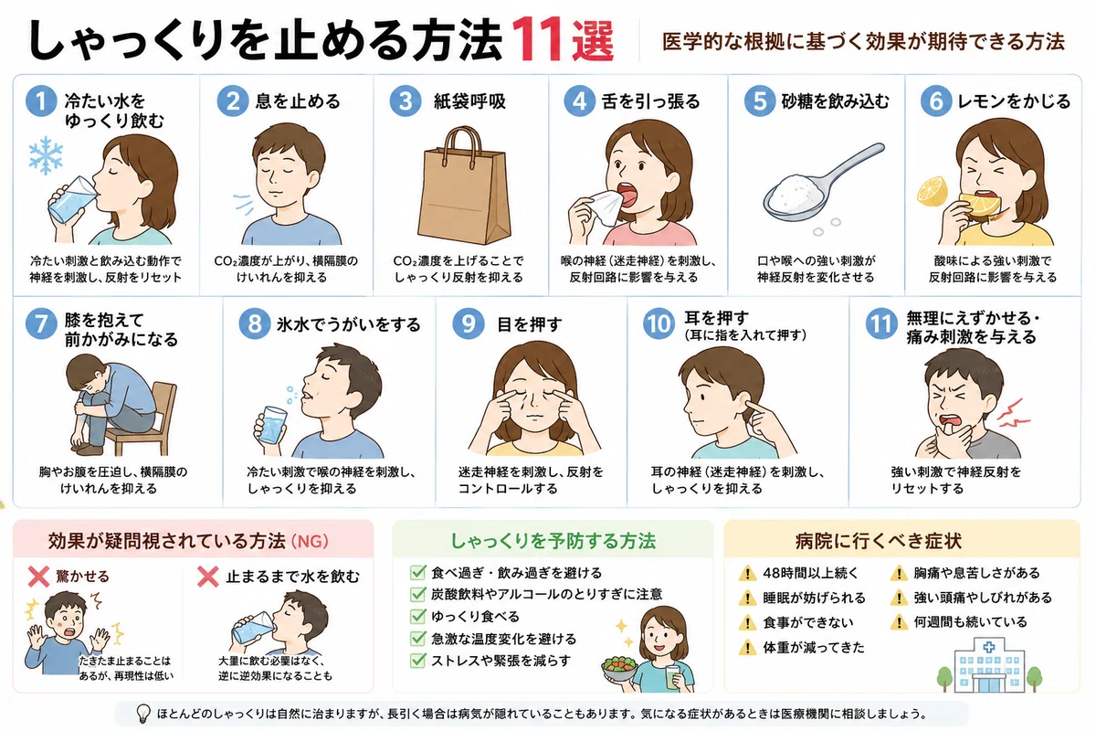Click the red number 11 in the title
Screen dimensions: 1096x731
pyautogui.click(x=540, y=39)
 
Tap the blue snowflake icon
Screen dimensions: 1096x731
pyautogui.click(x=46, y=155)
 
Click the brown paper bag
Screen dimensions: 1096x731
pyautogui.click(x=464, y=186)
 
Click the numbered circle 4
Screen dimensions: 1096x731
pyautogui.click(x=579, y=101)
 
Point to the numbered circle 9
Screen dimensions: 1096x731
pyautogui.click(x=469, y=323)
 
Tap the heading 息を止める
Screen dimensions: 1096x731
pyautogui.click(x=298, y=101)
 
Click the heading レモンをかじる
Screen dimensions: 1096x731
pyautogui.click(x=1013, y=101)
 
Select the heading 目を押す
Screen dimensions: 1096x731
pyautogui.click(x=530, y=324)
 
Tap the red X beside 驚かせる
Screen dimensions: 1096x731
pyautogui.click(x=38, y=577)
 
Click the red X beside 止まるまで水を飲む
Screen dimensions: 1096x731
pyautogui.click(x=208, y=577)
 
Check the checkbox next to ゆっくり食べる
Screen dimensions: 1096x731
pyautogui.click(x=417, y=616)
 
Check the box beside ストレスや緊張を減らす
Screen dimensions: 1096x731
pyautogui.click(x=417, y=661)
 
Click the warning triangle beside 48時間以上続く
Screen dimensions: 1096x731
pyautogui.click(x=747, y=573)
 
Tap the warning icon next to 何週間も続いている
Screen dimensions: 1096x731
pyautogui.click(x=899, y=622)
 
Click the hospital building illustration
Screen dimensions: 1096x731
pyautogui.click(x=989, y=665)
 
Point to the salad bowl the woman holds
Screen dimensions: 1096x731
pyautogui.click(x=619, y=669)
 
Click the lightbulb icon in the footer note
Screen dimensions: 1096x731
pyautogui.click(x=142, y=714)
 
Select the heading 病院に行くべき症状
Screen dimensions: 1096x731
pyautogui.click(x=879, y=541)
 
